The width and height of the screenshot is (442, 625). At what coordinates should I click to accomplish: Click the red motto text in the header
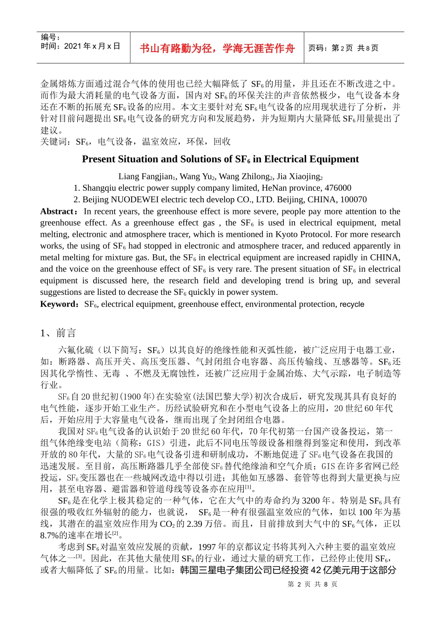point(217,48)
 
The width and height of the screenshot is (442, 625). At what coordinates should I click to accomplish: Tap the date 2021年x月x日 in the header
point(92,46)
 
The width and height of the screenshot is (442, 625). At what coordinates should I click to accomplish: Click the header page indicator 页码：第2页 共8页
point(343,48)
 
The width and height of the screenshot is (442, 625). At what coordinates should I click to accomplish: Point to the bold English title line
point(220,159)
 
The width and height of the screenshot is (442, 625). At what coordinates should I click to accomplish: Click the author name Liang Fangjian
point(146,176)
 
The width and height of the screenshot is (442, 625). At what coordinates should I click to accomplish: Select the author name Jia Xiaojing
point(299,176)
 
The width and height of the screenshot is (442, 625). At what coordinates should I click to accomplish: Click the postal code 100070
point(351,199)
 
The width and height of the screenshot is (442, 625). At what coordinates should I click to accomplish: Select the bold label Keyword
point(60,304)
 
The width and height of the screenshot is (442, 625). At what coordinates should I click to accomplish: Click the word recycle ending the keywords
point(352,304)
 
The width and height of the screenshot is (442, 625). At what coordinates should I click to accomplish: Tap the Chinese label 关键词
point(56,142)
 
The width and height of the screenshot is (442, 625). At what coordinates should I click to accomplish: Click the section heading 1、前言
point(58,333)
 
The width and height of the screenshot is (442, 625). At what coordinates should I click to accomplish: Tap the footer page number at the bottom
point(313,585)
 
